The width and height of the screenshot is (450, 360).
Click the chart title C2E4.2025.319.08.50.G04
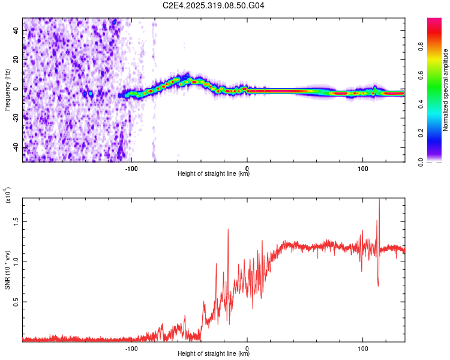tap(214, 5)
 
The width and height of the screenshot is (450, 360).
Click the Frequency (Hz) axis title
tap(8, 89)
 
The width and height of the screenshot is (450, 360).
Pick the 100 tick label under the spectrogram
tap(362, 167)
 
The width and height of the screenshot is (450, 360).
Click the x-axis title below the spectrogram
tap(214, 174)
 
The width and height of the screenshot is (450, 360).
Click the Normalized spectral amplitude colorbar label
tap(445, 89)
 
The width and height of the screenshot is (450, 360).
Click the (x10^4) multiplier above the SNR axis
tap(8, 195)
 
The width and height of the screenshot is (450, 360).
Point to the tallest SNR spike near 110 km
tap(379, 200)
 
